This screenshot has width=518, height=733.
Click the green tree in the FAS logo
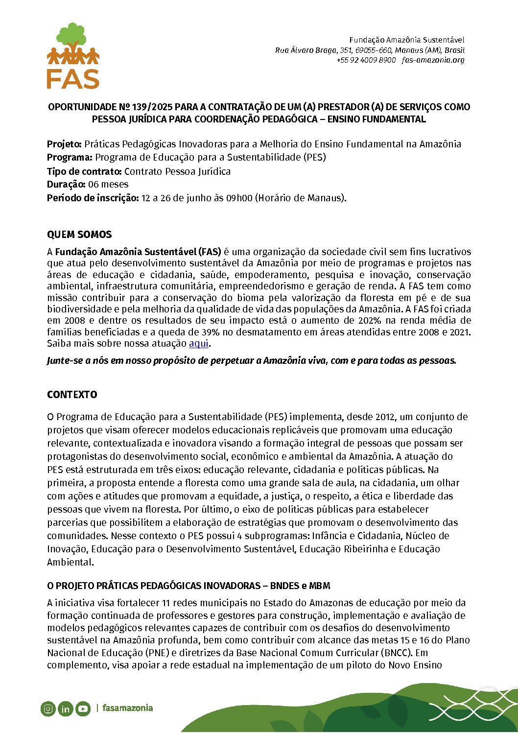(x=72, y=35)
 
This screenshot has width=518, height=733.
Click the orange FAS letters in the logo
(x=73, y=78)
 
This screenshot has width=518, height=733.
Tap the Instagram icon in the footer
(x=48, y=709)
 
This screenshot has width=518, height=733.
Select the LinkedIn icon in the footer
(x=65, y=709)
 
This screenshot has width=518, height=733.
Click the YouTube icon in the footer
(x=83, y=709)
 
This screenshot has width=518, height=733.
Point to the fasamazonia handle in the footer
(x=127, y=708)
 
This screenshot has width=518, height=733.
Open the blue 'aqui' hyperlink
(x=199, y=343)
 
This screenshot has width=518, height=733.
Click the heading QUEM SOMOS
(x=79, y=235)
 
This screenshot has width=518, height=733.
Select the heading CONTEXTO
(x=72, y=395)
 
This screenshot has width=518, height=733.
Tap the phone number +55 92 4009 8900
(x=366, y=60)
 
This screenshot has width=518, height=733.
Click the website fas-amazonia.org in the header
(x=433, y=60)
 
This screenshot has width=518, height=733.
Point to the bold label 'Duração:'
(x=66, y=185)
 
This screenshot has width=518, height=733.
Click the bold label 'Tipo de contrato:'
(x=84, y=171)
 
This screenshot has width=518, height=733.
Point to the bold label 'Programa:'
(x=70, y=158)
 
